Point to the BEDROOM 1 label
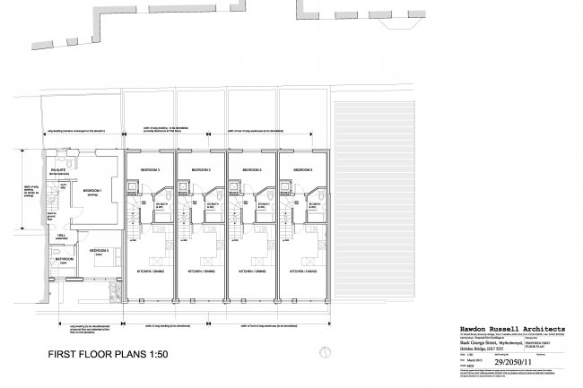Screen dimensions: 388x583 pos(93,191)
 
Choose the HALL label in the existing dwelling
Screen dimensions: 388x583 pos(61,235)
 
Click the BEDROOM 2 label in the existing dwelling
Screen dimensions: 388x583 pos(100,249)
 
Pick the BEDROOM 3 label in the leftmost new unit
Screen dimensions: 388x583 pos(149,169)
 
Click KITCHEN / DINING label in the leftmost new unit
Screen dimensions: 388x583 pos(152,270)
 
